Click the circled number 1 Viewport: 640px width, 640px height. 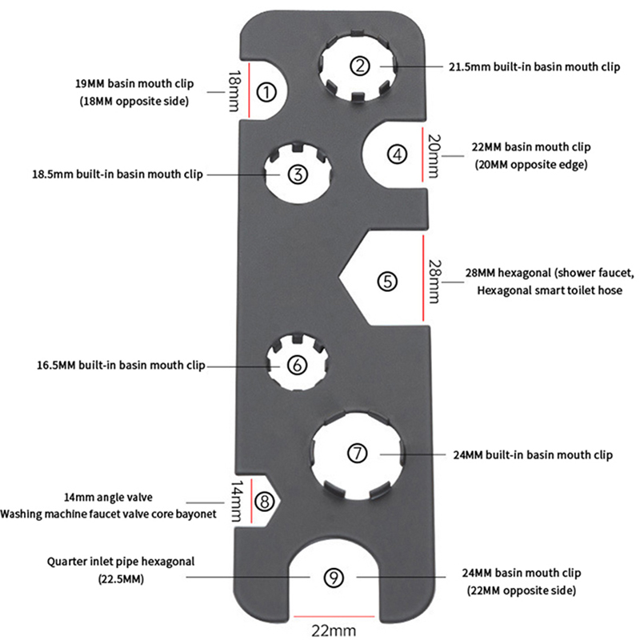point(266,91)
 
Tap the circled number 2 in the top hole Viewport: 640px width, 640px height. point(361,66)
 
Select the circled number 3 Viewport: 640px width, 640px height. point(297,174)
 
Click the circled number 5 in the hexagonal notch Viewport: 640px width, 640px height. point(387,281)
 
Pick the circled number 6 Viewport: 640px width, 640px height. point(296,365)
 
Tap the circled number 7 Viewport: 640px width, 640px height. point(357,453)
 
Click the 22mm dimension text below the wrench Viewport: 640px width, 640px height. point(334,631)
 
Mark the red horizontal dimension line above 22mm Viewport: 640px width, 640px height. point(334,617)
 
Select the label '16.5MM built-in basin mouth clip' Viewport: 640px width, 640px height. point(121,366)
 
